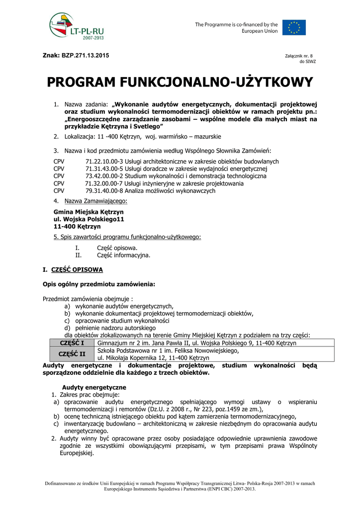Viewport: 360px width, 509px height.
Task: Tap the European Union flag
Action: click(x=294, y=27)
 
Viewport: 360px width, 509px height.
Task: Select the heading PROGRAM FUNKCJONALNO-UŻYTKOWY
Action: click(x=180, y=82)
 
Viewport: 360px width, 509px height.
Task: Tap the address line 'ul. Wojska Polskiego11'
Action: click(x=89, y=219)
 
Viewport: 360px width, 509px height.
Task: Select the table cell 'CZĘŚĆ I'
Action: click(x=72, y=343)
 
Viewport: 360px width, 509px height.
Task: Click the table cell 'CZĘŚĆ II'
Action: click(x=72, y=354)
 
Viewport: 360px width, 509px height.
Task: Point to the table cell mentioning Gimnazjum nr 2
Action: click(x=197, y=343)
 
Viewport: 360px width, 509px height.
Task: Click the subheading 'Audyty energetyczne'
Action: click(x=94, y=387)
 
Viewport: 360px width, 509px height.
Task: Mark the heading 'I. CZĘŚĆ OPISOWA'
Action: click(x=73, y=270)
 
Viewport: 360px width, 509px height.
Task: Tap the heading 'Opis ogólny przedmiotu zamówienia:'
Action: click(x=99, y=284)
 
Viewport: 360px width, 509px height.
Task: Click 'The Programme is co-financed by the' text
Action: click(x=236, y=24)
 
